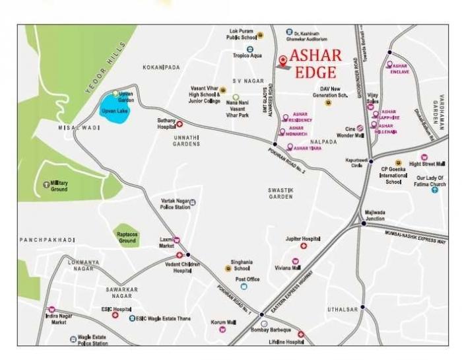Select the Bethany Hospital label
166,124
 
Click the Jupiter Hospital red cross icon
304,246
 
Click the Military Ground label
59,186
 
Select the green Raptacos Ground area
127,235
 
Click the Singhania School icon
228,268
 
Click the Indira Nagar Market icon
51,309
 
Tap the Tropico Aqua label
249,56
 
